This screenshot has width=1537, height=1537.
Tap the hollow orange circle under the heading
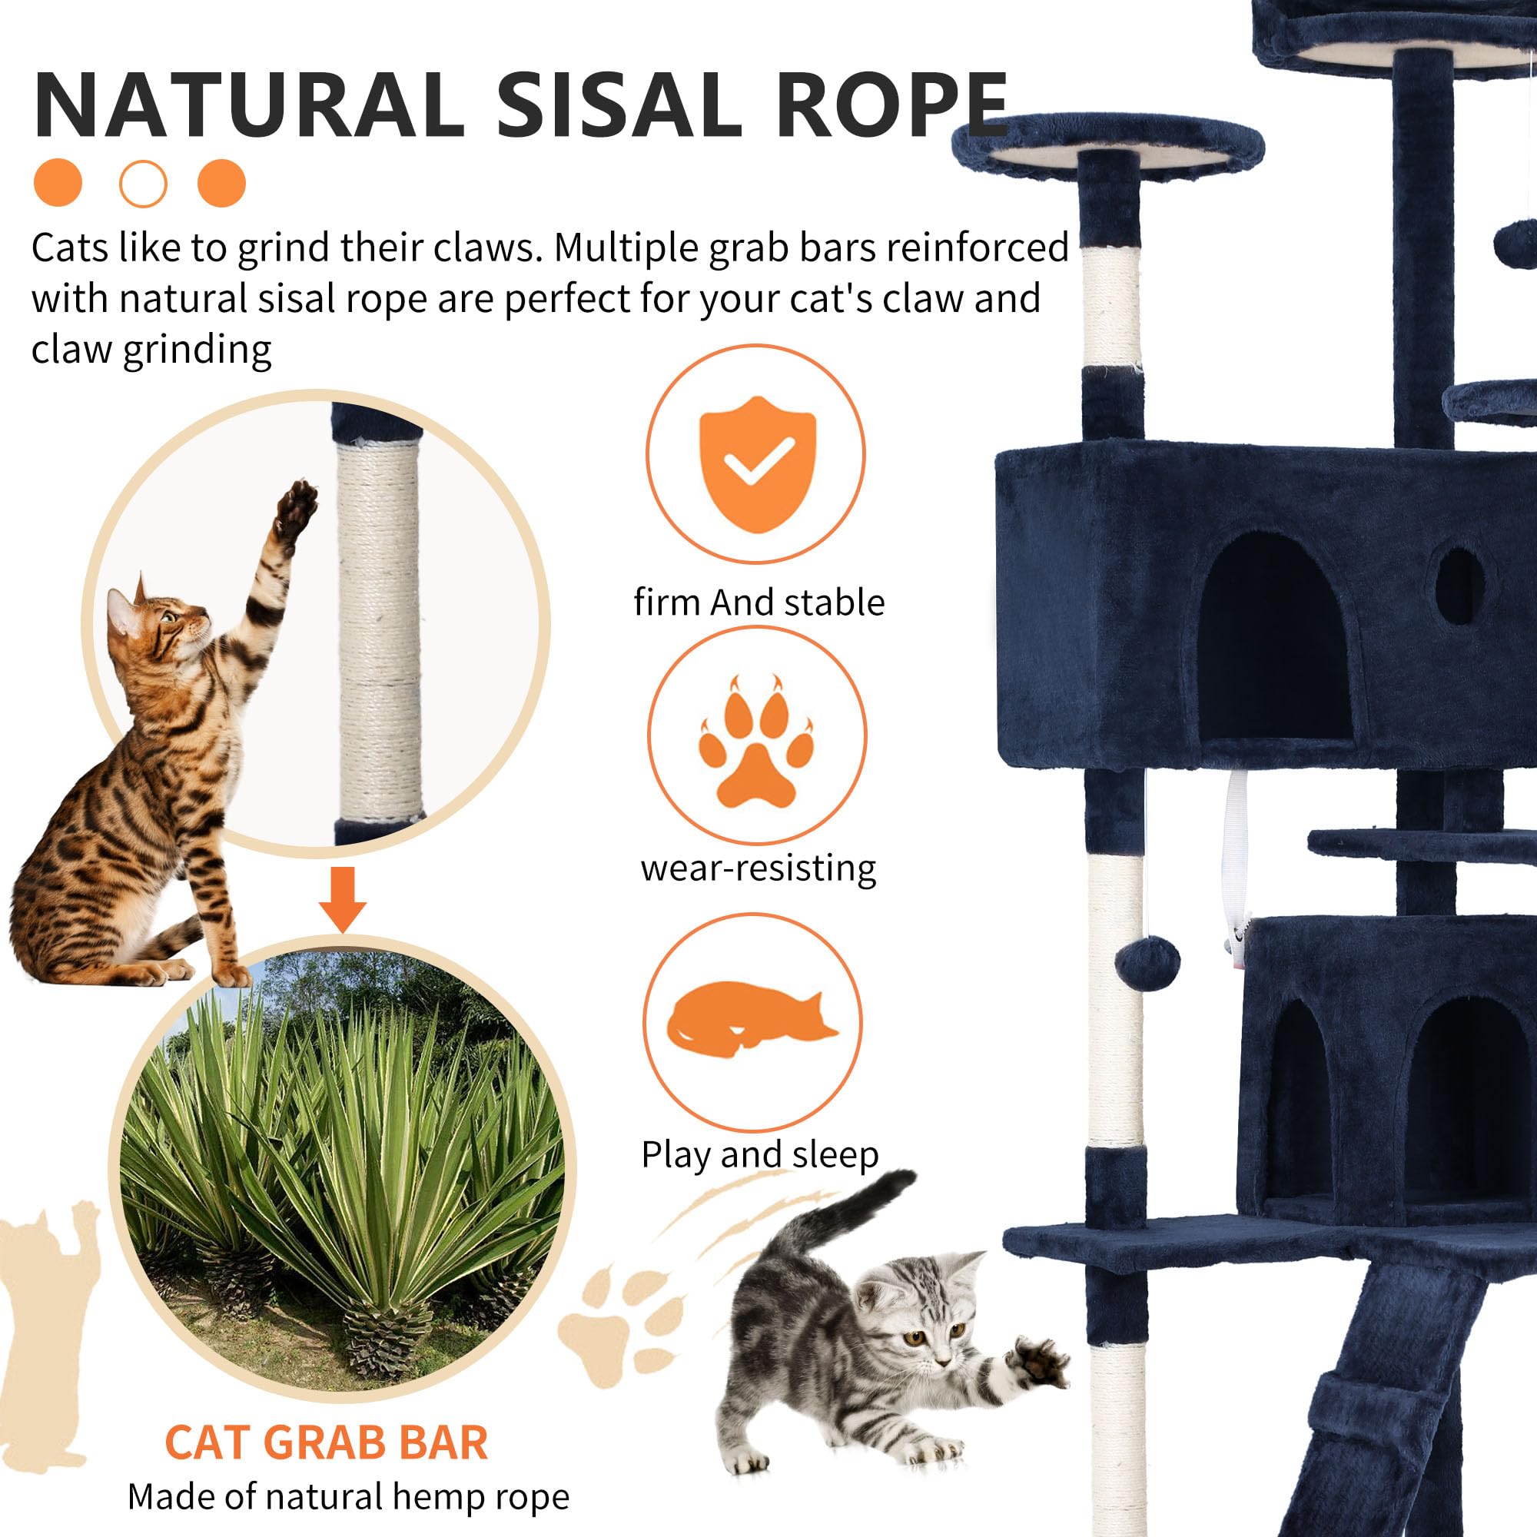pos(143,184)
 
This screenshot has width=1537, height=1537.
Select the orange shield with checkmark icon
pos(756,465)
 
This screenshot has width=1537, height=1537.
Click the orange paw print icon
pos(756,742)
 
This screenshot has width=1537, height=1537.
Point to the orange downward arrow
pos(342,899)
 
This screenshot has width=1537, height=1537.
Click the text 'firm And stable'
pos(759,603)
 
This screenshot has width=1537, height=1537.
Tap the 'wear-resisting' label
pos(759,867)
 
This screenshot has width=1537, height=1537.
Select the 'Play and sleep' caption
pos(760,1154)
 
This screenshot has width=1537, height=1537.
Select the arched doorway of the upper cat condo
pos(1275,636)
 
